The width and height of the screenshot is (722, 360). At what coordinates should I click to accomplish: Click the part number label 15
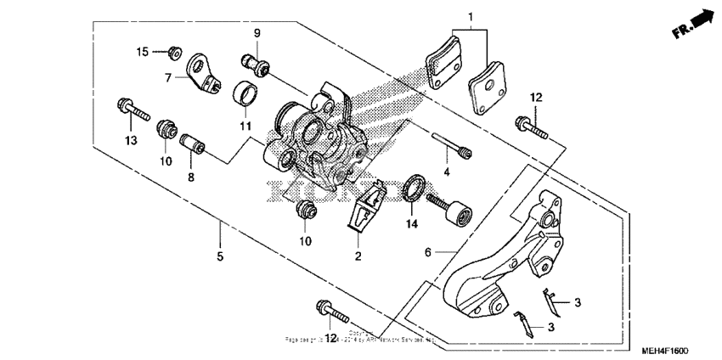(143, 52)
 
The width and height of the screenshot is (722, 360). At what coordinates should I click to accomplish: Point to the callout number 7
(168, 77)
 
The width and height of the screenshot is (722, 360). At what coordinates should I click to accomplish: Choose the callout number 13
(131, 140)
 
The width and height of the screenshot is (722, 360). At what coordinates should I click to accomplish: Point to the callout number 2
(358, 256)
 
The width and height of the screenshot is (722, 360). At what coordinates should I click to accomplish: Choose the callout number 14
(413, 225)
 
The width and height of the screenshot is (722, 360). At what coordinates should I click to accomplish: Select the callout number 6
(428, 252)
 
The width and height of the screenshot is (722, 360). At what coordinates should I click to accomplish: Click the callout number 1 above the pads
(469, 17)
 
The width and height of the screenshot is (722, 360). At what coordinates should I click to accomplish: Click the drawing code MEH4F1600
(664, 351)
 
